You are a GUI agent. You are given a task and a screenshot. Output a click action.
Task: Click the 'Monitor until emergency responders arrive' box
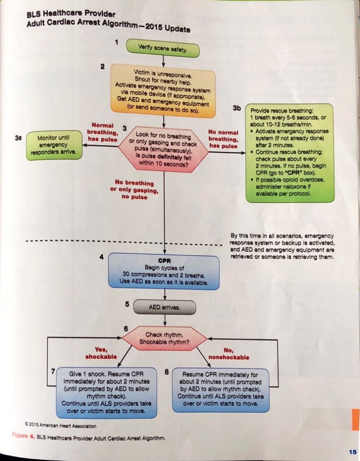[54, 144]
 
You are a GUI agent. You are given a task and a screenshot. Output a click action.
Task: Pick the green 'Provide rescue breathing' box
[289, 152]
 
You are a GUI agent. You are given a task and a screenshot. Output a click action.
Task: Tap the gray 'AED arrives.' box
[164, 307]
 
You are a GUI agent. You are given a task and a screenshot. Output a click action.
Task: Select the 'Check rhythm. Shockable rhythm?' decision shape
[165, 338]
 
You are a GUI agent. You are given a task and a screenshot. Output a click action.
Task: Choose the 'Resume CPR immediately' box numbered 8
[220, 390]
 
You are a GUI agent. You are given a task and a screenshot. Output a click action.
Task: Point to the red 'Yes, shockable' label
[101, 353]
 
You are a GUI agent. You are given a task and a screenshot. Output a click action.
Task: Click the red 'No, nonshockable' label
[228, 353]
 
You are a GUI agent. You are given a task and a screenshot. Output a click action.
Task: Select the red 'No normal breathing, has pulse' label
[223, 139]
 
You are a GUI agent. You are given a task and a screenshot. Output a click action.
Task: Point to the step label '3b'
[236, 108]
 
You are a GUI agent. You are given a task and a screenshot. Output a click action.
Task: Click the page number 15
[352, 451]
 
